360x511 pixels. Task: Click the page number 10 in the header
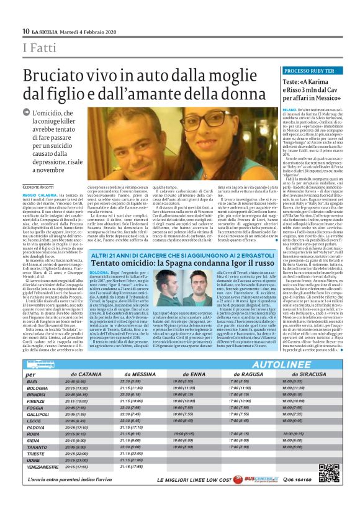[25, 32]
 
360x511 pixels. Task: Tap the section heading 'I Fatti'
[37, 48]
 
